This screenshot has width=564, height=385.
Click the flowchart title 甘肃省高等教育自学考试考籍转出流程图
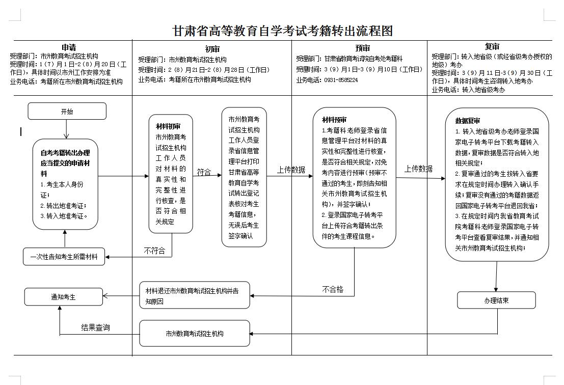[283, 31]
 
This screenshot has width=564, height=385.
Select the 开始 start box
[67, 111]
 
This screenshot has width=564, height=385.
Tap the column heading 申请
[69, 47]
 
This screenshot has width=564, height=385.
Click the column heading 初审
[212, 49]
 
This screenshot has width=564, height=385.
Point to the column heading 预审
[363, 49]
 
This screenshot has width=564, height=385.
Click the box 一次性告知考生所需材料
[64, 256]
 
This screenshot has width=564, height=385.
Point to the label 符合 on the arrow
[204, 172]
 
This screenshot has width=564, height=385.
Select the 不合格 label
[333, 289]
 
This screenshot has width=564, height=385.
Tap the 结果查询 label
[95, 327]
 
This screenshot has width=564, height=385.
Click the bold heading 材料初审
[168, 126]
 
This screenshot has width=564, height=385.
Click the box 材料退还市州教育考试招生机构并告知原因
[195, 295]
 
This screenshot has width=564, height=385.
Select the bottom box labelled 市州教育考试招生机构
[195, 334]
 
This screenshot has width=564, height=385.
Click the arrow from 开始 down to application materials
[66, 129]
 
